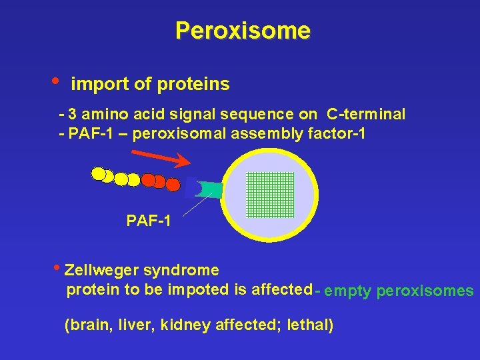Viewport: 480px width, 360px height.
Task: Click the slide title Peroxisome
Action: click(243, 31)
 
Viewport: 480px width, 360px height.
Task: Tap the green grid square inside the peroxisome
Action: click(270, 195)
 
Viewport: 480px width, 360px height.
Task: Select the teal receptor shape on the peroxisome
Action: click(211, 190)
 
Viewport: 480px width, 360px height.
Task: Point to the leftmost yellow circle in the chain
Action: click(99, 175)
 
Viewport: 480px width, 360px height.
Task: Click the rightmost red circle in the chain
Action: click(173, 185)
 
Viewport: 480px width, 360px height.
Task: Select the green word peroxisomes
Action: click(425, 291)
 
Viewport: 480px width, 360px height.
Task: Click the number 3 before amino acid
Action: click(71, 114)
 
